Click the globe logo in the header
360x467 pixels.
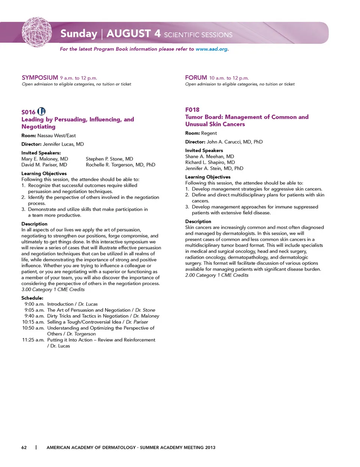coord(36,32)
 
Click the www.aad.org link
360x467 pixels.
coord(211,49)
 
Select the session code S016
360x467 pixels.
coord(28,112)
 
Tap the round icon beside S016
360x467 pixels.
coord(42,111)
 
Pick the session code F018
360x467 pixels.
coord(192,110)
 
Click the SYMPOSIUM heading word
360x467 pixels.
coord(40,78)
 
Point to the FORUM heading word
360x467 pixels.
coord(196,78)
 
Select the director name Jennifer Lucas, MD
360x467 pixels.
coord(63,144)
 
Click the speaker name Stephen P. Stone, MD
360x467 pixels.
coord(109,159)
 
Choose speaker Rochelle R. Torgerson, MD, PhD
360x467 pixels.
coord(120,165)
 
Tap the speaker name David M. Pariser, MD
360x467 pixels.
coord(44,165)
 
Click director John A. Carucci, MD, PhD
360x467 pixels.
coord(234,142)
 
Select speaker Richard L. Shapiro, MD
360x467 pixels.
coord(210,162)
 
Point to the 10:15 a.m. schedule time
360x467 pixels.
coord(33,322)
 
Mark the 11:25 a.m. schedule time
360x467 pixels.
coord(33,340)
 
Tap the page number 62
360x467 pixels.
coord(24,447)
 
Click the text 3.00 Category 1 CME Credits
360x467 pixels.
coord(53,290)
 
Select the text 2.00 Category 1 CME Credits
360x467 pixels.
coord(217,275)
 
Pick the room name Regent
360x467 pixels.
coord(209,133)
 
